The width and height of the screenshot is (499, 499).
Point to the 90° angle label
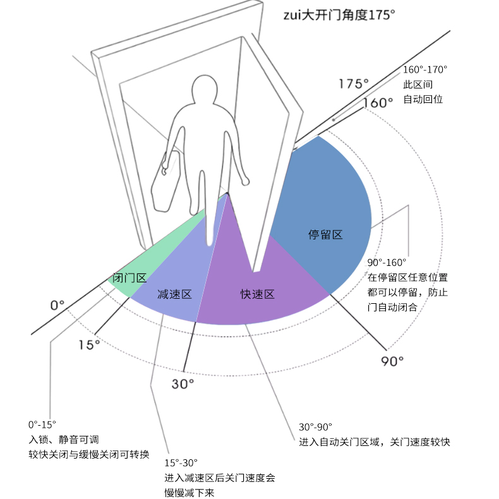392,361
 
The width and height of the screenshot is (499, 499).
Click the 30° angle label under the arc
183,383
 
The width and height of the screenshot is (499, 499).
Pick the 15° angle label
89,344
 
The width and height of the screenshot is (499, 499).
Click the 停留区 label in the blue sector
325,235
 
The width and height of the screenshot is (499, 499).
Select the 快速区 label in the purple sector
257,294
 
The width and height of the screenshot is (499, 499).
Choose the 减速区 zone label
174,294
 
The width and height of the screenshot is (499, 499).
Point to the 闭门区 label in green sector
129,278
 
